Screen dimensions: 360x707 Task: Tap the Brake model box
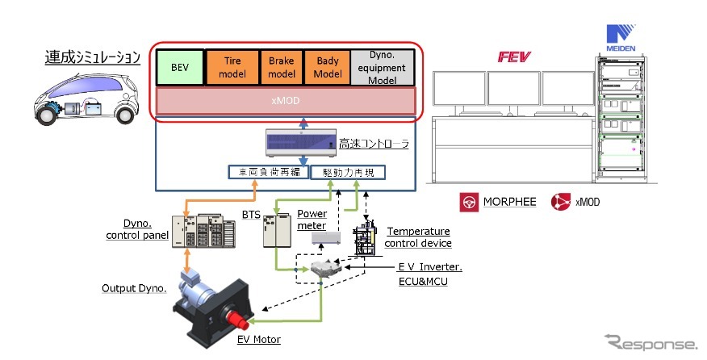(x=280, y=69)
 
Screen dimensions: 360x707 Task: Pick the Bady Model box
(x=327, y=69)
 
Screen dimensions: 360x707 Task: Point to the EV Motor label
(x=258, y=340)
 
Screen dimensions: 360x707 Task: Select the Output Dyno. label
(x=133, y=287)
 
